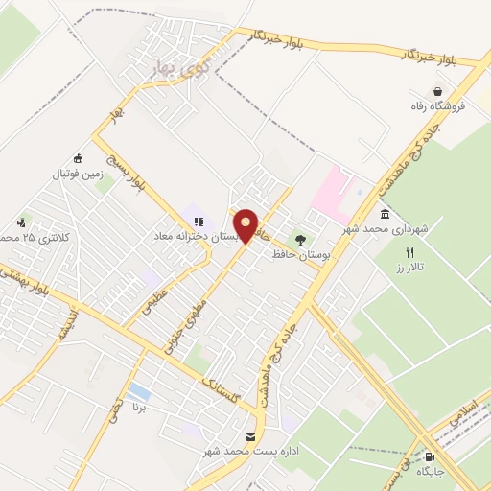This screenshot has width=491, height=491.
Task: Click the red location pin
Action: coord(246,225)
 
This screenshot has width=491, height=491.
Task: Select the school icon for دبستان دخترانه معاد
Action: coord(199,222)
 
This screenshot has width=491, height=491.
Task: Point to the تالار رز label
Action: coord(414,266)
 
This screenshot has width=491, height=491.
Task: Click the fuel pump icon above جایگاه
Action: coord(429,456)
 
